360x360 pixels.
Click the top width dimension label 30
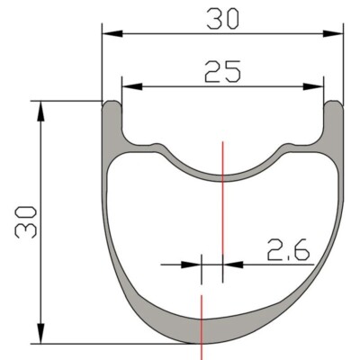click(x=224, y=19)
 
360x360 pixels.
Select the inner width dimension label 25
click(x=222, y=71)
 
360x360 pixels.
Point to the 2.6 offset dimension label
click(x=288, y=249)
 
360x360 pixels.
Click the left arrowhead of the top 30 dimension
click(x=112, y=33)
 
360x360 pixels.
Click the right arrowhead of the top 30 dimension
click(x=333, y=33)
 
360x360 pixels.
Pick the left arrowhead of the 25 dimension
click(x=132, y=86)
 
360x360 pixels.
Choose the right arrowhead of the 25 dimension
click(x=313, y=86)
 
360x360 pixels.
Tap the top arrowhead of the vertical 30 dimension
click(x=40, y=112)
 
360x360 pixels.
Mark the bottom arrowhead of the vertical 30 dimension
click(x=40, y=333)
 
